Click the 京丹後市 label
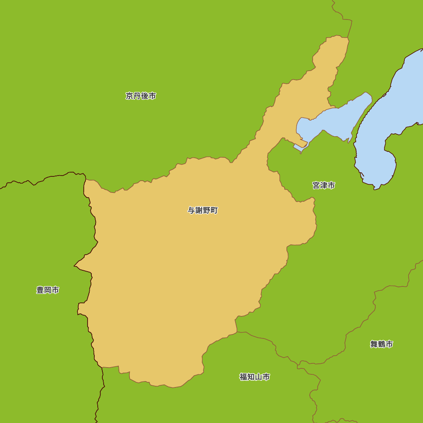[141, 96]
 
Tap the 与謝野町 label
[203, 210]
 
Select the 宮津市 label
[324, 185]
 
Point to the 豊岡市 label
[48, 290]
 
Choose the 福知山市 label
[255, 377]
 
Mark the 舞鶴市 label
[382, 344]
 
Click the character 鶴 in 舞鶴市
[382, 344]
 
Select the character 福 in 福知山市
[243, 377]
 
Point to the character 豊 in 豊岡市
[40, 290]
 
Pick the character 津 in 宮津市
[324, 185]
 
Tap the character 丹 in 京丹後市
[137, 96]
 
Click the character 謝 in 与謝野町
[199, 210]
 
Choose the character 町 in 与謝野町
[214, 210]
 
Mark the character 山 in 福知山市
[258, 377]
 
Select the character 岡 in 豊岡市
[48, 290]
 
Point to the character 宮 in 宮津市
[316, 185]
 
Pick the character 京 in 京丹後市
[129, 96]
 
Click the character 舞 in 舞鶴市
[374, 344]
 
